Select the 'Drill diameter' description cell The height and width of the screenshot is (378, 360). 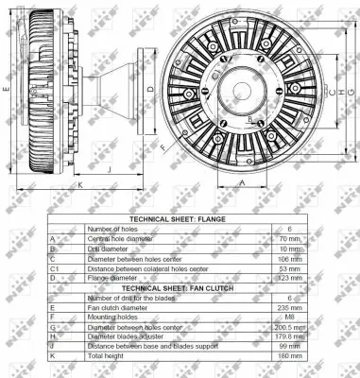(x=110, y=248)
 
